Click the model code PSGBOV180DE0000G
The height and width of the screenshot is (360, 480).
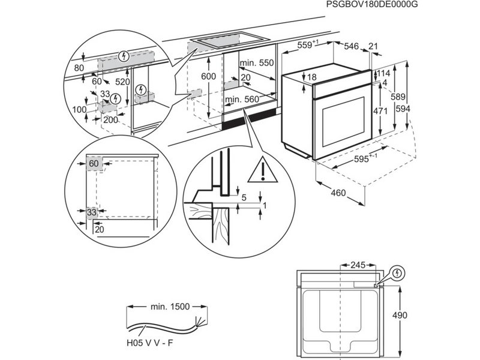(372, 5)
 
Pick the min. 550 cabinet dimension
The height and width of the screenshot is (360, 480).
(256, 63)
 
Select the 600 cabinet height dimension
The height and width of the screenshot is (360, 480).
(208, 76)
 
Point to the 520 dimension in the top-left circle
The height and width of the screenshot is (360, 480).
(123, 81)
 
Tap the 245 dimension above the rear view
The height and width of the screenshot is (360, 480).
(358, 264)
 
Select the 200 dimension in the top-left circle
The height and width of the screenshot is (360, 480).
(110, 120)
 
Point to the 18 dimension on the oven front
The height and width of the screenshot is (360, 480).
(311, 77)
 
